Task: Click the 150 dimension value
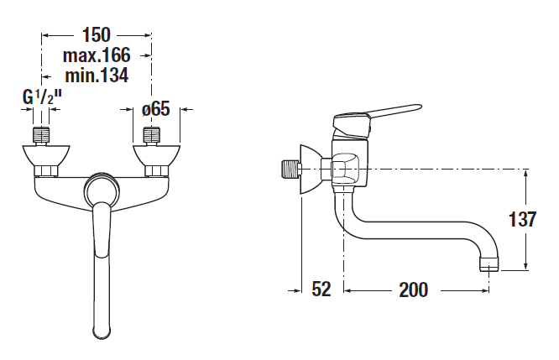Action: (97, 35)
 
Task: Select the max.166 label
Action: (97, 55)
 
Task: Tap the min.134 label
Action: (97, 76)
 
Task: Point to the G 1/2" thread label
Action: (42, 97)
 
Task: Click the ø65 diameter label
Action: (156, 109)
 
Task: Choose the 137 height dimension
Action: (522, 219)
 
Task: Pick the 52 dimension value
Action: (321, 289)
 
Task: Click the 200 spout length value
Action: (414, 290)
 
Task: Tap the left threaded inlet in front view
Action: (41, 136)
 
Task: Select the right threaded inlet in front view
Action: (151, 136)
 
